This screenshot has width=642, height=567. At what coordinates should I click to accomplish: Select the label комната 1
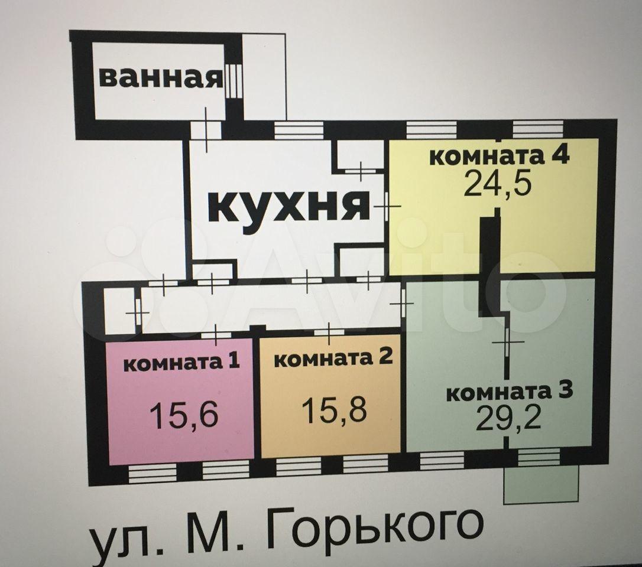tap(181, 362)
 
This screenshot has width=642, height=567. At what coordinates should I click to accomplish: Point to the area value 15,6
tap(184, 414)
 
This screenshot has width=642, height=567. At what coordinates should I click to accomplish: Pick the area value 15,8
tap(335, 409)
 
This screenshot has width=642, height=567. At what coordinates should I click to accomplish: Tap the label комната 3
tap(510, 392)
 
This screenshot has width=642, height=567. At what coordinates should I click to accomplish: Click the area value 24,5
tap(498, 183)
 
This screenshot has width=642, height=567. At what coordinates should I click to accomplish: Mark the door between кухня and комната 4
tap(387, 207)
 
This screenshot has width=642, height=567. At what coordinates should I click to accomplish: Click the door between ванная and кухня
tap(206, 130)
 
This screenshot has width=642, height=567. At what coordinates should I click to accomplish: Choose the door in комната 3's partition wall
tap(507, 341)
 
